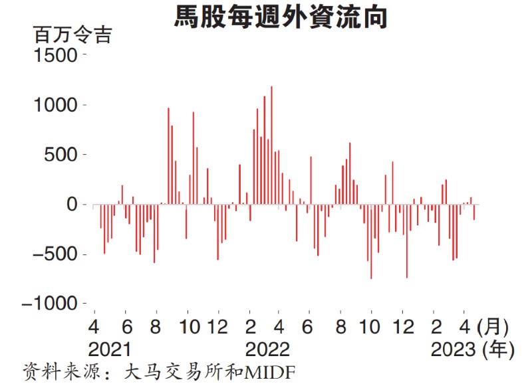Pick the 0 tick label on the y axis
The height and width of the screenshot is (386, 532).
tap(73, 205)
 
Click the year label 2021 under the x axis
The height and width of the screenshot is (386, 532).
tap(110, 349)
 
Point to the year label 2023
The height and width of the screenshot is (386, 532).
tap(453, 349)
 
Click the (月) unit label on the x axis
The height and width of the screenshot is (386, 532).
tap(493, 327)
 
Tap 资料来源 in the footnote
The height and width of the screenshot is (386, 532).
tap(52, 370)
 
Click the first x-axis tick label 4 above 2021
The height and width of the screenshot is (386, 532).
tap(94, 327)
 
